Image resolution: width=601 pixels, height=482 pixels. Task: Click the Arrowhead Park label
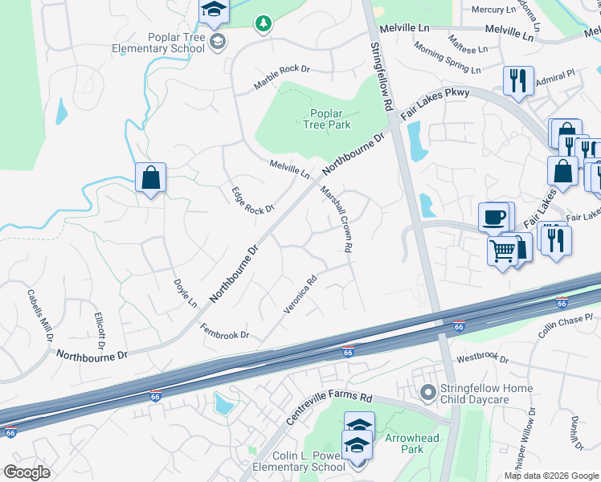pos(404,443)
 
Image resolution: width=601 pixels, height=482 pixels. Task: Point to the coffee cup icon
pos(493,216)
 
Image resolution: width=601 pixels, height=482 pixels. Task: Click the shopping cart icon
pos(503,250)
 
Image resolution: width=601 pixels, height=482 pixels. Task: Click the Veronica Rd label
pos(300,295)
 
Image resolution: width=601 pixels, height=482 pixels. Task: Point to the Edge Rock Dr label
pos(253,200)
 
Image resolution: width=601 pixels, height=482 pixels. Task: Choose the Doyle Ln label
pos(186,293)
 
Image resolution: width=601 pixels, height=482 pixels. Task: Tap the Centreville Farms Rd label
pos(329,408)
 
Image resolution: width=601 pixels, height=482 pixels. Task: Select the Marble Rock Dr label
pos(282,78)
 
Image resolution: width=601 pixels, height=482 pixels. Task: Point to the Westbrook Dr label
pos(482,358)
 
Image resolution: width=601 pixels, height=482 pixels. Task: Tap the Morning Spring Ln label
pos(451,59)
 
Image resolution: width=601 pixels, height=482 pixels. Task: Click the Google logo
pos(27,472)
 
